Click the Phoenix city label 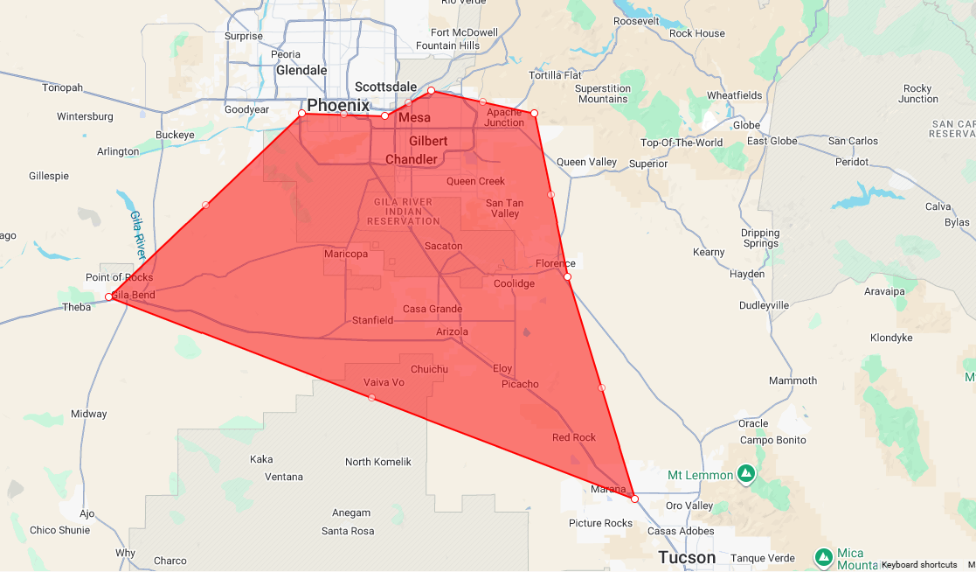coord(337,104)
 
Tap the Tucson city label coord(687,557)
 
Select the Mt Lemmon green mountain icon coord(745,474)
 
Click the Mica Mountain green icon coord(823,556)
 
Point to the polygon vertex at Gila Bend coord(109,297)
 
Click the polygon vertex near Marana coord(634,499)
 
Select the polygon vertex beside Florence coord(567,276)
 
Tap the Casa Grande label coord(433,310)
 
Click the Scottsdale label coord(385,87)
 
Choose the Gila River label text coord(137,234)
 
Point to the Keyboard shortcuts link coord(918,565)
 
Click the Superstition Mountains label coord(603,94)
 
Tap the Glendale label coord(301,70)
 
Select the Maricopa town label coord(346,254)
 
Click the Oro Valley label coord(689,506)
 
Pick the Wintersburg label coord(85,116)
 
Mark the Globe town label coord(746,125)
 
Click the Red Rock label coord(574,437)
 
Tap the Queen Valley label coord(586,162)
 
